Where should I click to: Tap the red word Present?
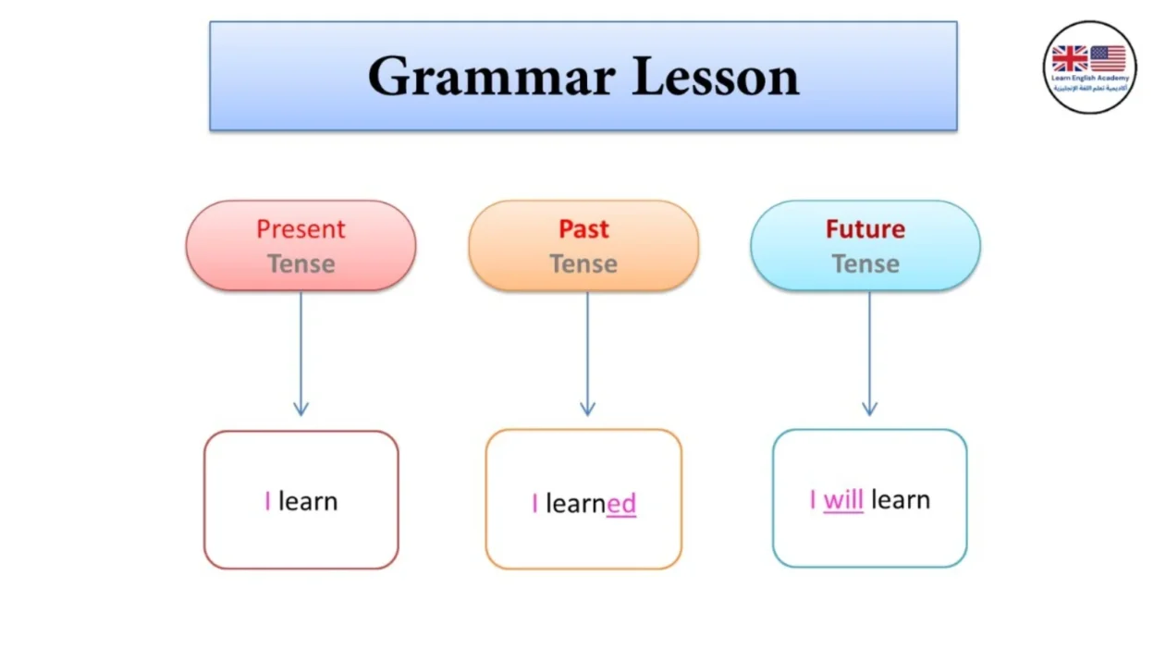coord(301,228)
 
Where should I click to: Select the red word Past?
coord(583,228)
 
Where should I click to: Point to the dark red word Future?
coord(865,228)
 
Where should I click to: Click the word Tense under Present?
coord(301,264)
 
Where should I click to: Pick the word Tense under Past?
coord(583,264)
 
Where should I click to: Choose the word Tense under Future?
coord(865,264)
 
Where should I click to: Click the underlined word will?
coord(842,500)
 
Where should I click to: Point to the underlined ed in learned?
coord(621,504)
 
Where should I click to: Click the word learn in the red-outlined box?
coord(308,501)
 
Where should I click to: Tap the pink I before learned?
coord(534,504)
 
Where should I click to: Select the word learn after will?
coord(900,500)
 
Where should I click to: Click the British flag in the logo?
coord(1070,59)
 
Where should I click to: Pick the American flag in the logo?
coord(1108,59)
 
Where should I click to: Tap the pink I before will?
coord(813,500)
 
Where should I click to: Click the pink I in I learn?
coord(267,501)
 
